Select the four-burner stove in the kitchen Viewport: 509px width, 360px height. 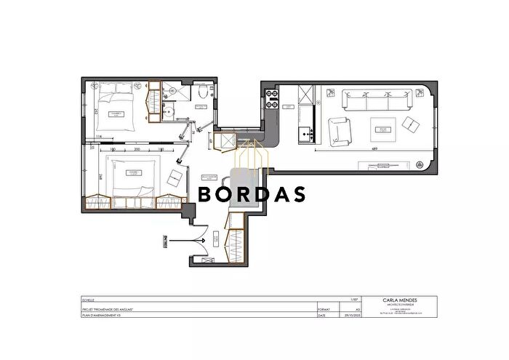tap(273, 99)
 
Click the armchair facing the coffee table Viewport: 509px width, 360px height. tap(340, 132)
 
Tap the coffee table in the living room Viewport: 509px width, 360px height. tap(381, 131)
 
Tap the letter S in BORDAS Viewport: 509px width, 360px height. tap(297, 194)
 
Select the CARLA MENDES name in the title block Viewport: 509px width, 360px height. tap(399, 300)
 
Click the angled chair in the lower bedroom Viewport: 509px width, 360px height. tap(176, 177)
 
